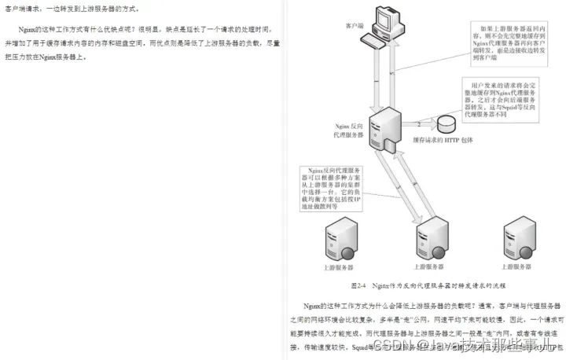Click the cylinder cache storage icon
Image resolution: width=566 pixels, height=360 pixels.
point(447,124)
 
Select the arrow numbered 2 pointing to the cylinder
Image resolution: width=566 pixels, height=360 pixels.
point(422,124)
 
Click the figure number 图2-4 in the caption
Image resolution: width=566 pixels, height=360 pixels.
point(358,285)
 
